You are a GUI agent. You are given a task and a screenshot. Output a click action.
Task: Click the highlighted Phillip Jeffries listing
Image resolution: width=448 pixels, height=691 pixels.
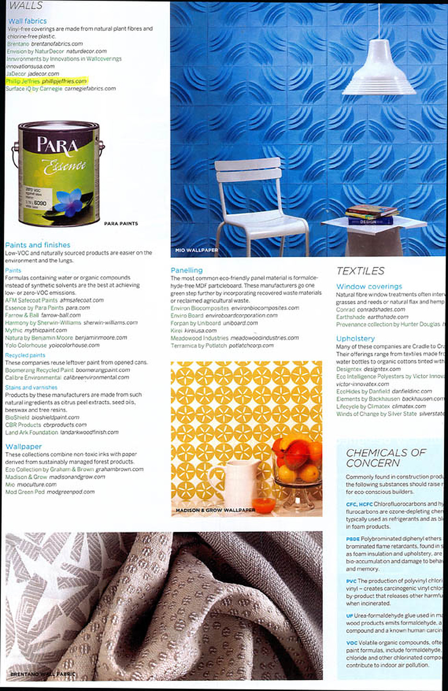[x=46, y=81]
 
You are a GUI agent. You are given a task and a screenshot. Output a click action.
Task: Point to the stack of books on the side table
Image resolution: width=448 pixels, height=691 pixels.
[x=372, y=214]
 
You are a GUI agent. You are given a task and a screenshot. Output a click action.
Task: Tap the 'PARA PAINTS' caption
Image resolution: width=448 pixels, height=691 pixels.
[x=121, y=224]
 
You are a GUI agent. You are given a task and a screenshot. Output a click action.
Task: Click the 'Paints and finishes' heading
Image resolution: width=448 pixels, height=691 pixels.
[x=37, y=245]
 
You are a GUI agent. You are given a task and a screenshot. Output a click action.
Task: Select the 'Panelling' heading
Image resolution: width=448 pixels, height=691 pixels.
[x=187, y=270]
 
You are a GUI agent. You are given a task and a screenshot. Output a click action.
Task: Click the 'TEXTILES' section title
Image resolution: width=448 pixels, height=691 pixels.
[x=360, y=271]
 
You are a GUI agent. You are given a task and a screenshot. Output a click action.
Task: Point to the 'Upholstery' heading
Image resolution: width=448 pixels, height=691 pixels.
[x=355, y=338]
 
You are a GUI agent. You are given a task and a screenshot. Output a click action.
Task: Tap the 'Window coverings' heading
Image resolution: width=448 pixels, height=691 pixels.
[x=369, y=286]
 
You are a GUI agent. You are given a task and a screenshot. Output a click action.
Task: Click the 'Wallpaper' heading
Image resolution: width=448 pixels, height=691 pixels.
[x=24, y=446]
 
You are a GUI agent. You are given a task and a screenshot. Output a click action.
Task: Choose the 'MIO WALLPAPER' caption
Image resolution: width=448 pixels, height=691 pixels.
[x=196, y=250]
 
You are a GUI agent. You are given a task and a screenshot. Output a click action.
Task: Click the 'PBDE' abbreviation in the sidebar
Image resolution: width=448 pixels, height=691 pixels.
[x=353, y=539]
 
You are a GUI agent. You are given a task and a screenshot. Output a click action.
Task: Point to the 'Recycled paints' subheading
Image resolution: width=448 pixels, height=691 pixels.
[x=25, y=355]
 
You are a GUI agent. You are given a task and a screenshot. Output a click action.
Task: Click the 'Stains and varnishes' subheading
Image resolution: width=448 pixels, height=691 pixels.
[x=31, y=387]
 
